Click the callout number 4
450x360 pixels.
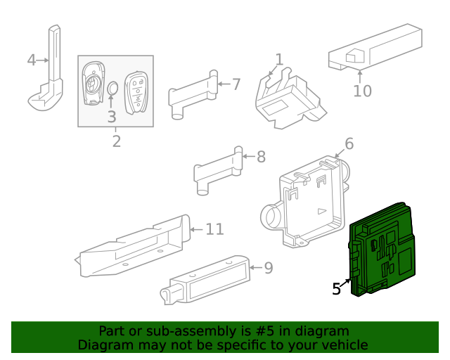click(x=31, y=60)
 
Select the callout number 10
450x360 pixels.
click(x=362, y=91)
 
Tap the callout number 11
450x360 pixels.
click(x=214, y=229)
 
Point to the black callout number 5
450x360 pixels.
click(x=337, y=288)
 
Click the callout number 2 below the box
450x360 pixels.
click(x=116, y=141)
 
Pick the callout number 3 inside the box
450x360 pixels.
click(x=112, y=117)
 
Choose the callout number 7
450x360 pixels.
click(x=236, y=84)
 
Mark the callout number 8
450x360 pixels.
click(x=261, y=157)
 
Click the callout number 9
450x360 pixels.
click(x=267, y=268)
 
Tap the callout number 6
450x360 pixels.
click(x=349, y=146)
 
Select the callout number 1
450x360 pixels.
click(x=279, y=60)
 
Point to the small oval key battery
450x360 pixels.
click(x=112, y=88)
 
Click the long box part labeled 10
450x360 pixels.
click(x=373, y=49)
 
